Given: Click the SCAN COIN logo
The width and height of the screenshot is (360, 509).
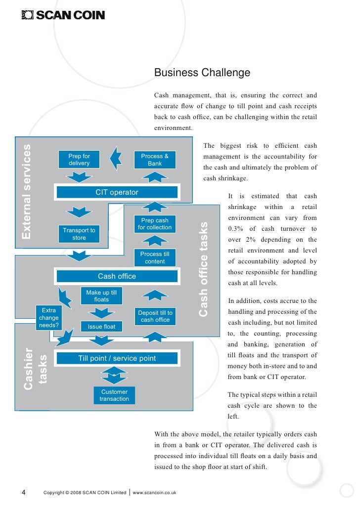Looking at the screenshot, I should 63,15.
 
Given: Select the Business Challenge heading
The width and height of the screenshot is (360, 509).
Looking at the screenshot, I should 202,73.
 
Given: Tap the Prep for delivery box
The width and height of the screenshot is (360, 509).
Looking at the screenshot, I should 79,160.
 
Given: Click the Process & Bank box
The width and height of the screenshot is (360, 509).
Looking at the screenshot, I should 155,160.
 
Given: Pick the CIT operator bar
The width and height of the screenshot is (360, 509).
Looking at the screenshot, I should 117,192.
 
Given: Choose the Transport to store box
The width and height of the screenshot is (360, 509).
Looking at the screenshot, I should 79,234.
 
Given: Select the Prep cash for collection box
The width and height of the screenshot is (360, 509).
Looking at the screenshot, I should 155,224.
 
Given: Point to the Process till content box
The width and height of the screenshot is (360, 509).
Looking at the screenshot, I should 155,257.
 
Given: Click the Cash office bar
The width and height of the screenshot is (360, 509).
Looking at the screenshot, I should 117,276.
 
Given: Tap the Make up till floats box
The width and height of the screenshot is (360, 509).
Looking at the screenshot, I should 101,296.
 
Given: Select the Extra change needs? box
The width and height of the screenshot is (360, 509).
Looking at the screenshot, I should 48,318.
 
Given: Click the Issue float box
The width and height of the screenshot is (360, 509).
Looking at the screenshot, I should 101,327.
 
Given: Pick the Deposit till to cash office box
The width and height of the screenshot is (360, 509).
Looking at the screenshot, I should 155,316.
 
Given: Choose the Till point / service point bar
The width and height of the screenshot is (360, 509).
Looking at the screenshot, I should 117,358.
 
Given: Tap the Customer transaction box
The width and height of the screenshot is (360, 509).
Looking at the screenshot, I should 114,395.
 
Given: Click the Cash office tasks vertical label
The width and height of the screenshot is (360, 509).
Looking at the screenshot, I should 203,269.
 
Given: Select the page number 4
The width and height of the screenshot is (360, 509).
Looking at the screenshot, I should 24,492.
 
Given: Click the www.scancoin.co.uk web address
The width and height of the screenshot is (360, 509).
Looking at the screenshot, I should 155,492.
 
